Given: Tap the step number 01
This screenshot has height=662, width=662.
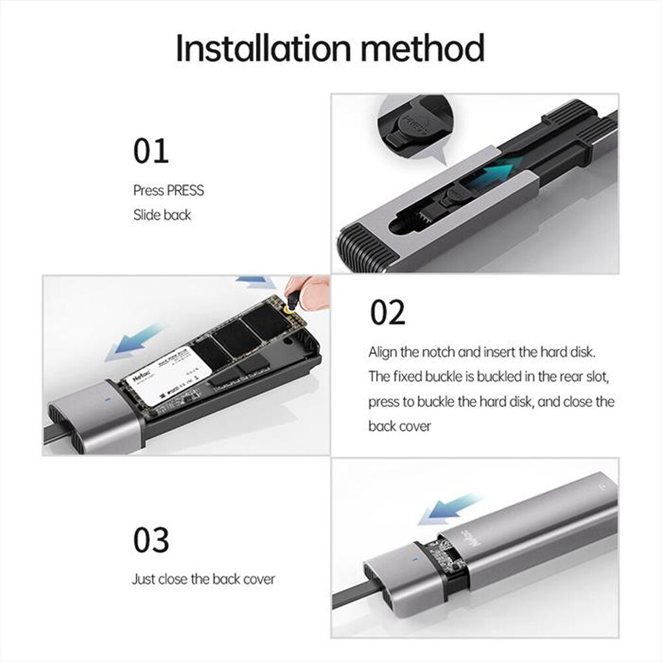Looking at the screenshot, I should point(151,151).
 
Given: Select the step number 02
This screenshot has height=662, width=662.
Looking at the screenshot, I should point(387,312).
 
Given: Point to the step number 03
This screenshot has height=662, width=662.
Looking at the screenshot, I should point(151,540).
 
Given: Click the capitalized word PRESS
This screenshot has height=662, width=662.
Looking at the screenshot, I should point(185,191).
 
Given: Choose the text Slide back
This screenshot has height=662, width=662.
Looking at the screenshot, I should point(162,215).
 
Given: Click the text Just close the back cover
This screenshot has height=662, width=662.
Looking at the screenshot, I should point(203,579).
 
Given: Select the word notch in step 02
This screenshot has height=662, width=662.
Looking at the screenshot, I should point(450,352).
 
